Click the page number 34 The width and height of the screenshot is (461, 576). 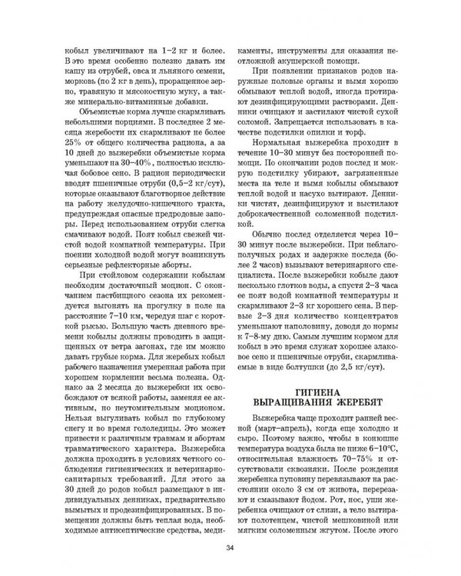coord(230,547)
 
